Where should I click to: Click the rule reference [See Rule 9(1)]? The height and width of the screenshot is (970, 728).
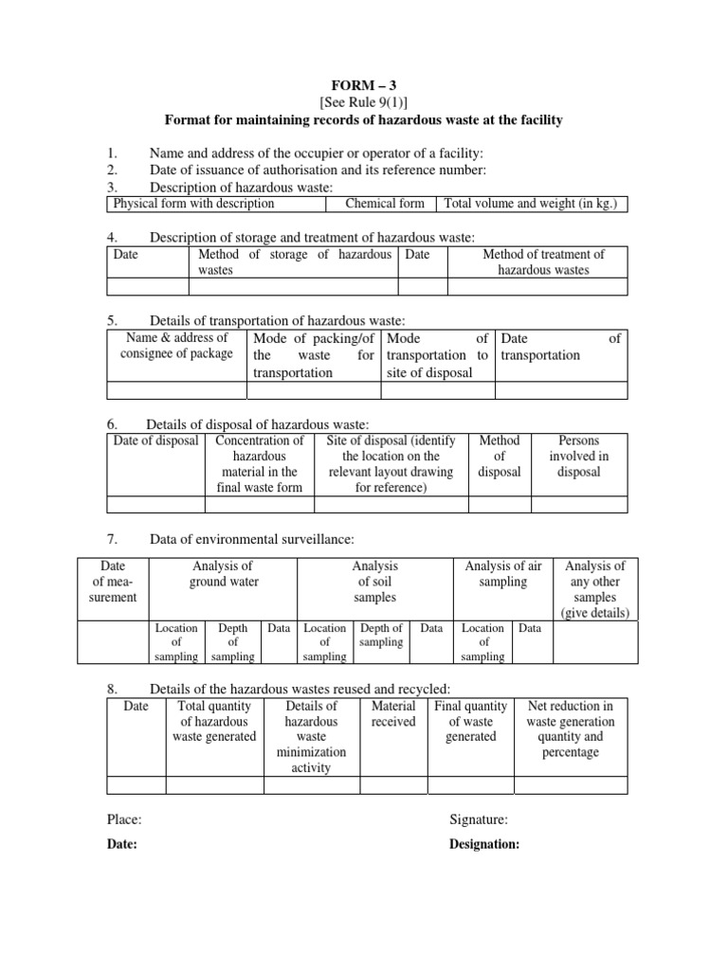tap(364, 101)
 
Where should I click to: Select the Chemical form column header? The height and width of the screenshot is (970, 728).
tap(384, 204)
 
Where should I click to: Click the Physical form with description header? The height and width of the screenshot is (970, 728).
tap(193, 204)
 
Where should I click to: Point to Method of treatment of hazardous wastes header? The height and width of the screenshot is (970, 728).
tap(543, 262)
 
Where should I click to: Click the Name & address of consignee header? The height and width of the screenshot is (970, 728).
tap(176, 346)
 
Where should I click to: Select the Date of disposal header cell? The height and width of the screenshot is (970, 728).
tap(155, 441)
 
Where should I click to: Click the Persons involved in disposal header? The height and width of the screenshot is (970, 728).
tap(578, 457)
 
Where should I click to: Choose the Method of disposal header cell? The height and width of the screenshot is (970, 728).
tap(499, 457)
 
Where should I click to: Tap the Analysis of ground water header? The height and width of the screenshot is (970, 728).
tap(223, 574)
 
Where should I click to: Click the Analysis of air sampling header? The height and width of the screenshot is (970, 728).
tap(502, 574)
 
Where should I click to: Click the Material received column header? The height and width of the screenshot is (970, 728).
tap(392, 714)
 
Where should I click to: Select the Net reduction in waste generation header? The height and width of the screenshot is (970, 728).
tap(570, 729)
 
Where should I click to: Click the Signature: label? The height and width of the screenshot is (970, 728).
tap(479, 820)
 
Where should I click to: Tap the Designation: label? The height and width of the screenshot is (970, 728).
tap(484, 846)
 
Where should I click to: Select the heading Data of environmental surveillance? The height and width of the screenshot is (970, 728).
tap(251, 540)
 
